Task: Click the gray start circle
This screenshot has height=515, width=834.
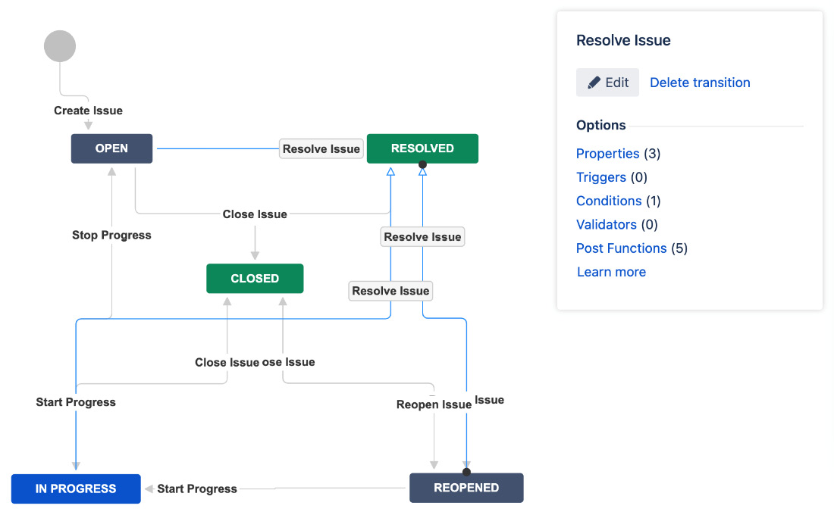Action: tap(60, 46)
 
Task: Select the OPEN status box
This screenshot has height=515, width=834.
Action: tap(111, 148)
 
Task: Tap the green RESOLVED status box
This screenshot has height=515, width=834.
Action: tap(422, 148)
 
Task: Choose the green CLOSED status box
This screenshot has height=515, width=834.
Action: tap(255, 279)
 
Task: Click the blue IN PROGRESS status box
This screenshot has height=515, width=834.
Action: tap(76, 488)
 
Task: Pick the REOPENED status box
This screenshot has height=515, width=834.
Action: tap(466, 488)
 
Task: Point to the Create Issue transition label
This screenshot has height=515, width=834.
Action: tap(88, 111)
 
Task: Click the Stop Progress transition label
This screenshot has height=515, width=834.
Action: tap(111, 236)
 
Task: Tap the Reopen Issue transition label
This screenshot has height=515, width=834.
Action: tap(434, 404)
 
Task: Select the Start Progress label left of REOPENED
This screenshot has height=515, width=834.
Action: tap(197, 488)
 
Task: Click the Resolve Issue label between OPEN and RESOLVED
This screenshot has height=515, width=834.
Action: tap(321, 149)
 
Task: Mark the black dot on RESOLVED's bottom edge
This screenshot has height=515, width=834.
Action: tap(423, 164)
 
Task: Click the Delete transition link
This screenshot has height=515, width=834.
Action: tap(700, 83)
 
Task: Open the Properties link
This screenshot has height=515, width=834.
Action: tap(607, 154)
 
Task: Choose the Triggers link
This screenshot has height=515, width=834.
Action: tap(600, 177)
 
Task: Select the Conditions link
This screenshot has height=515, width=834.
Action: tap(608, 201)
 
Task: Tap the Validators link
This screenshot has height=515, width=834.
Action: tap(606, 224)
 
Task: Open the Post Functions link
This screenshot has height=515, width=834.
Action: tap(621, 248)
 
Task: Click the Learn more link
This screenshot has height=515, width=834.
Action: tap(611, 272)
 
